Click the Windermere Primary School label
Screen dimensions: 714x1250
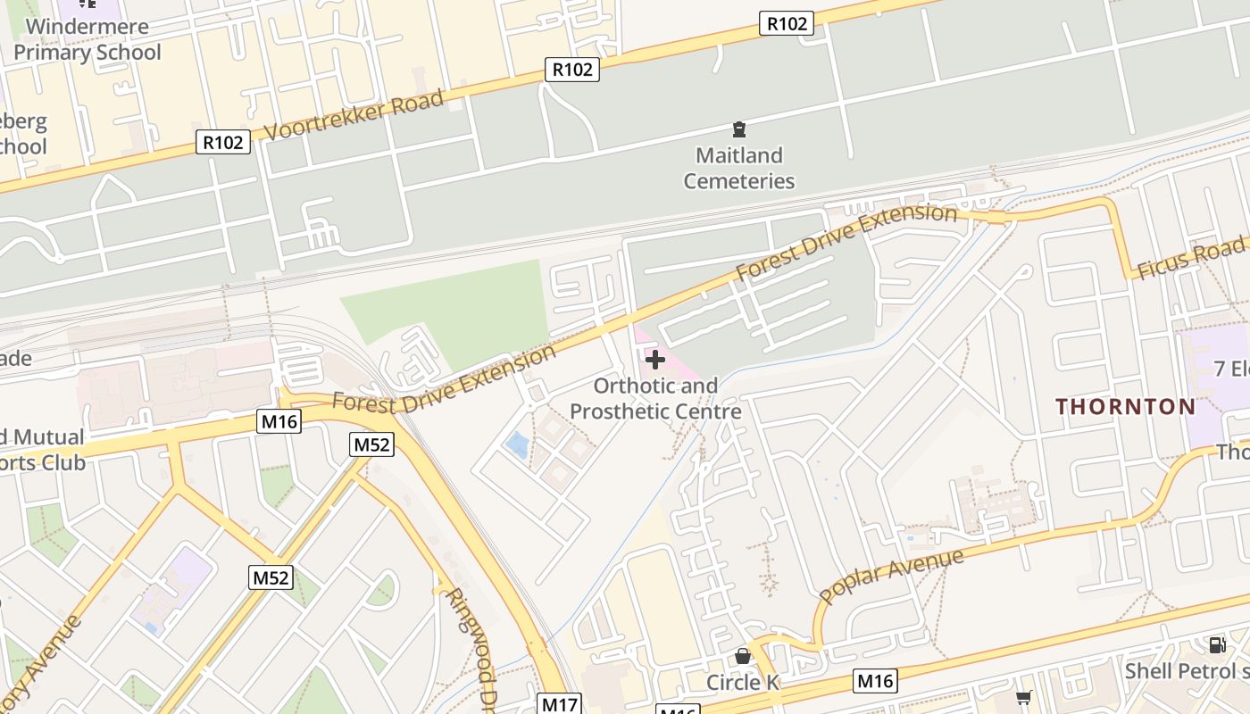click(87, 39)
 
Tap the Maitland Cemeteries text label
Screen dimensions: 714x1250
click(739, 168)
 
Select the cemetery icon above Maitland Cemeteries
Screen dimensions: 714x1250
click(739, 129)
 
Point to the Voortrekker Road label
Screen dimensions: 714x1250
click(355, 115)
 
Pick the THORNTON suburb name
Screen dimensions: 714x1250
click(1125, 407)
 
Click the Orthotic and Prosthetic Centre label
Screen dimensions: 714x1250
click(655, 399)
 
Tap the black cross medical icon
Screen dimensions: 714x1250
click(655, 360)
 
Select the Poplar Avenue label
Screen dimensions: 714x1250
click(891, 576)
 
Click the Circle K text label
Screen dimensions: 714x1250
click(743, 683)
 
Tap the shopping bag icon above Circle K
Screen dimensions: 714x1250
click(742, 657)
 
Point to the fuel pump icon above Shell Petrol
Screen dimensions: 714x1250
click(1216, 644)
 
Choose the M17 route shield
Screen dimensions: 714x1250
click(560, 704)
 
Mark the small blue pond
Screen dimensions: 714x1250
click(516, 444)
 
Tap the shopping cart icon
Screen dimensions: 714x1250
click(1023, 697)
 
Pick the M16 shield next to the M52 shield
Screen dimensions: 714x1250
click(279, 421)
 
